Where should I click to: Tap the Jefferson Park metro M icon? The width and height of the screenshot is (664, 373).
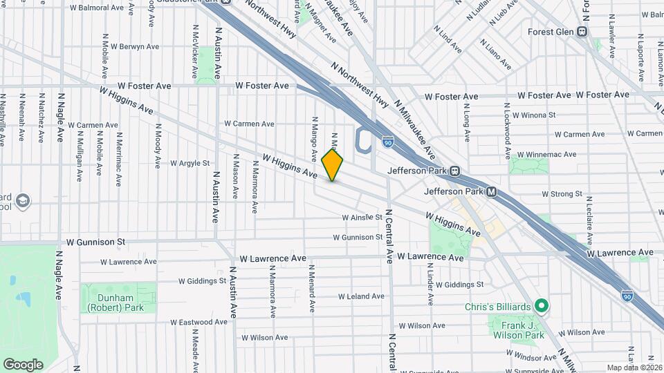pyautogui.click(x=491, y=191)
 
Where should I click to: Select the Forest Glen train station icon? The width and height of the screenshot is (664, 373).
pyautogui.click(x=582, y=31)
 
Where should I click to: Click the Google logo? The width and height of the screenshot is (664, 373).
pyautogui.click(x=23, y=364)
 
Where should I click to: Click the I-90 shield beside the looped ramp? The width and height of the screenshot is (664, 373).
pyautogui.click(x=388, y=141)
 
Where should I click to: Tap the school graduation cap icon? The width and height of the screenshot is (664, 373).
pyautogui.click(x=23, y=200)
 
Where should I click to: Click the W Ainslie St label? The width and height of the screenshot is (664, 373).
pyautogui.click(x=362, y=217)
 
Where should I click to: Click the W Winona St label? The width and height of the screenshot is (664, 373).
pyautogui.click(x=533, y=115)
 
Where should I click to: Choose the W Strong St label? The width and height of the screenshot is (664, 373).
pyautogui.click(x=561, y=194)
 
